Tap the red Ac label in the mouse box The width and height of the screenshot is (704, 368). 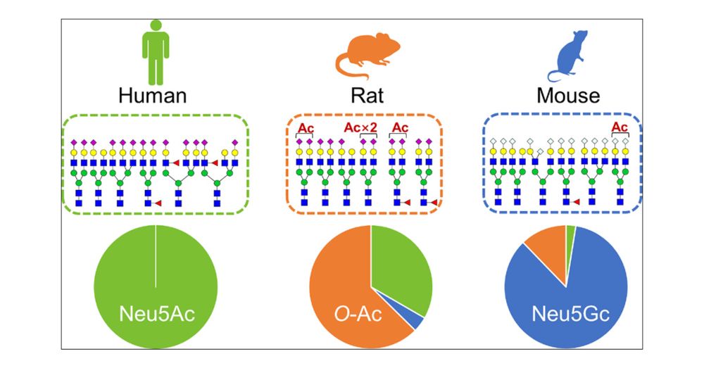[620, 127]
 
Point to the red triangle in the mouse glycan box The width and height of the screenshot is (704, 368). [576, 202]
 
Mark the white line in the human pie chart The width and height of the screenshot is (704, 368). [156, 257]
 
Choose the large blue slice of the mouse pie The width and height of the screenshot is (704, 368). [577, 296]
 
